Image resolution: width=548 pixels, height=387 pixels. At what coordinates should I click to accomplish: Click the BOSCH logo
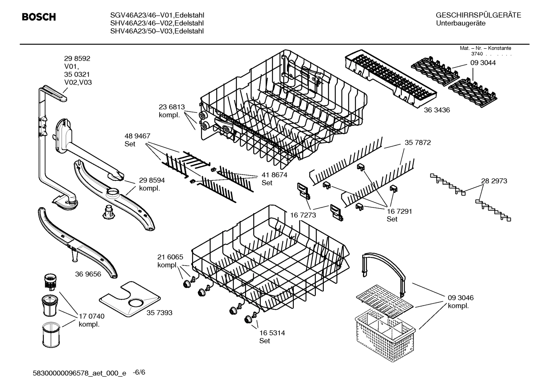coord(39,17)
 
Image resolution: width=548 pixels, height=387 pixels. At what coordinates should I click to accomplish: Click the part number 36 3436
coord(437,110)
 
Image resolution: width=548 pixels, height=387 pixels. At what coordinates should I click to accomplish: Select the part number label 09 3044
coord(483,63)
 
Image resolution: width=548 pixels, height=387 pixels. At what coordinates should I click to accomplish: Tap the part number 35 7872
coord(418,143)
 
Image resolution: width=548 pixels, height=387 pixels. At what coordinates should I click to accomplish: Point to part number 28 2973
coord(494,181)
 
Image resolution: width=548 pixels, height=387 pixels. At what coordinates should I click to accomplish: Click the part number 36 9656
coord(88,274)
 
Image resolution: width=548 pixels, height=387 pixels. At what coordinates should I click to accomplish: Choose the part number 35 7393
coord(159,313)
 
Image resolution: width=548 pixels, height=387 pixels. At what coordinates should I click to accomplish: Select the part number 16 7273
coord(303,215)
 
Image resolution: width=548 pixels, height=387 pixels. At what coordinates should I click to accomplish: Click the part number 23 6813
coord(171,107)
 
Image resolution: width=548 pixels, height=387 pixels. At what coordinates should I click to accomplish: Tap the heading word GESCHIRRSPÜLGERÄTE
coord(478,15)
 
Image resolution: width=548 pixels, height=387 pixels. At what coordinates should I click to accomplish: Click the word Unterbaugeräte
coord(461,23)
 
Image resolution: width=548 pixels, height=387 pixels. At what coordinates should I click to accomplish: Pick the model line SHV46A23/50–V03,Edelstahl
coord(157,31)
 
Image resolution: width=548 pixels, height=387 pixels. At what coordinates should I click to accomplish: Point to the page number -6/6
coord(139,372)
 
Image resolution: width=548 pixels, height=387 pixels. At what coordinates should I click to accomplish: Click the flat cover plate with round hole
coord(129,300)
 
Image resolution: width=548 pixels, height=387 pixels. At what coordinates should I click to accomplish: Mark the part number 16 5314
coord(272,333)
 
